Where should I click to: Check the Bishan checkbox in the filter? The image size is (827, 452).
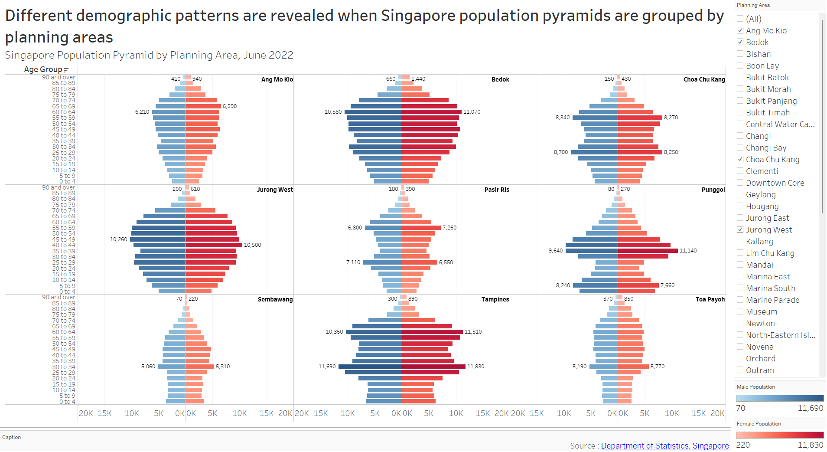click(740, 54)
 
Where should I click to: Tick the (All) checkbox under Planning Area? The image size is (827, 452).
click(740, 19)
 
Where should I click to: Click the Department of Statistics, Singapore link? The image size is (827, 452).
click(664, 445)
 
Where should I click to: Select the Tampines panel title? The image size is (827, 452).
click(495, 299)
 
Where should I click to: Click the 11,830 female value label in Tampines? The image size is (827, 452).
click(475, 367)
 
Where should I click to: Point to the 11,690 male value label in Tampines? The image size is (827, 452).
click(327, 367)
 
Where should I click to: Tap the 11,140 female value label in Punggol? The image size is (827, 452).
click(688, 251)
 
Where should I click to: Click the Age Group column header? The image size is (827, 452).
click(43, 69)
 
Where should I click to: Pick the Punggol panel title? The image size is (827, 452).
click(713, 190)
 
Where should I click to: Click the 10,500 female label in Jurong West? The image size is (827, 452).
click(252, 245)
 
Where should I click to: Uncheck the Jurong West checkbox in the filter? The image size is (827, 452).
click(740, 229)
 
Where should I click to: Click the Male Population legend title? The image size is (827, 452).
click(755, 387)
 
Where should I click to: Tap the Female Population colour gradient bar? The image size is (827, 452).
click(779, 435)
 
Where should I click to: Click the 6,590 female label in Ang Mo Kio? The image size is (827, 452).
click(230, 106)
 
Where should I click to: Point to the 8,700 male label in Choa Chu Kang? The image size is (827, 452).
click(561, 152)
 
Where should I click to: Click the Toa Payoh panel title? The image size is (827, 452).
click(710, 299)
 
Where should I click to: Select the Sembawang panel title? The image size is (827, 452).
click(275, 299)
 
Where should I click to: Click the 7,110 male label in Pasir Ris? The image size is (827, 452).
click(353, 262)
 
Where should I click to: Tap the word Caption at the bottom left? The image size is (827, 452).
click(12, 437)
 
